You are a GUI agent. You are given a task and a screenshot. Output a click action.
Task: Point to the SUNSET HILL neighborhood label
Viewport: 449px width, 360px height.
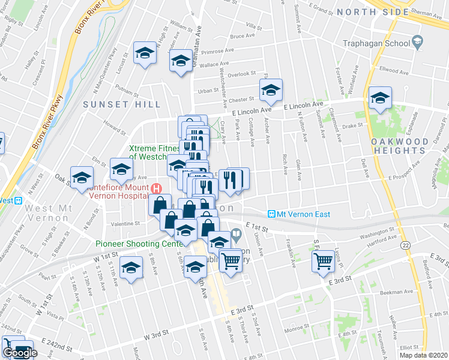coord(122,104)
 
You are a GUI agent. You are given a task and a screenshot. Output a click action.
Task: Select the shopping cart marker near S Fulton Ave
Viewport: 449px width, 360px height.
coord(324,260)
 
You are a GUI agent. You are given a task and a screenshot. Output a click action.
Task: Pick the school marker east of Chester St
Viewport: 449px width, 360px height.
coord(271,91)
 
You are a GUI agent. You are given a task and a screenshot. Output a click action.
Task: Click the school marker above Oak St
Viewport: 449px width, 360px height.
coord(82,177)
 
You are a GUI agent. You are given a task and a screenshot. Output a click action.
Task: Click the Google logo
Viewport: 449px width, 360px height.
coord(19,353)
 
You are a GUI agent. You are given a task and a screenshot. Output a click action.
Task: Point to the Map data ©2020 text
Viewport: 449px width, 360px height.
coord(424,355)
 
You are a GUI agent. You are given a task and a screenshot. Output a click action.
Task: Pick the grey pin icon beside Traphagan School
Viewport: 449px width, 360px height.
coord(418,42)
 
